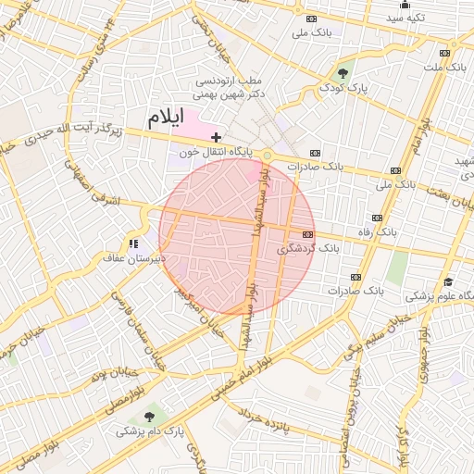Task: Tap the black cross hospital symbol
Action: [x=217, y=137]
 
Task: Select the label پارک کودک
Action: [x=344, y=87]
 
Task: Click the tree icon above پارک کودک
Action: [x=344, y=73]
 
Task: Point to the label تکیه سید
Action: [x=405, y=18]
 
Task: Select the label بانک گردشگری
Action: [x=308, y=249]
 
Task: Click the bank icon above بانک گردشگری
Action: [x=308, y=235]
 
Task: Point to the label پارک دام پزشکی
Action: [x=151, y=431]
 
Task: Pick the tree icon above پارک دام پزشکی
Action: [x=151, y=418]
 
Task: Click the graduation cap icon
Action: [x=448, y=282]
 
